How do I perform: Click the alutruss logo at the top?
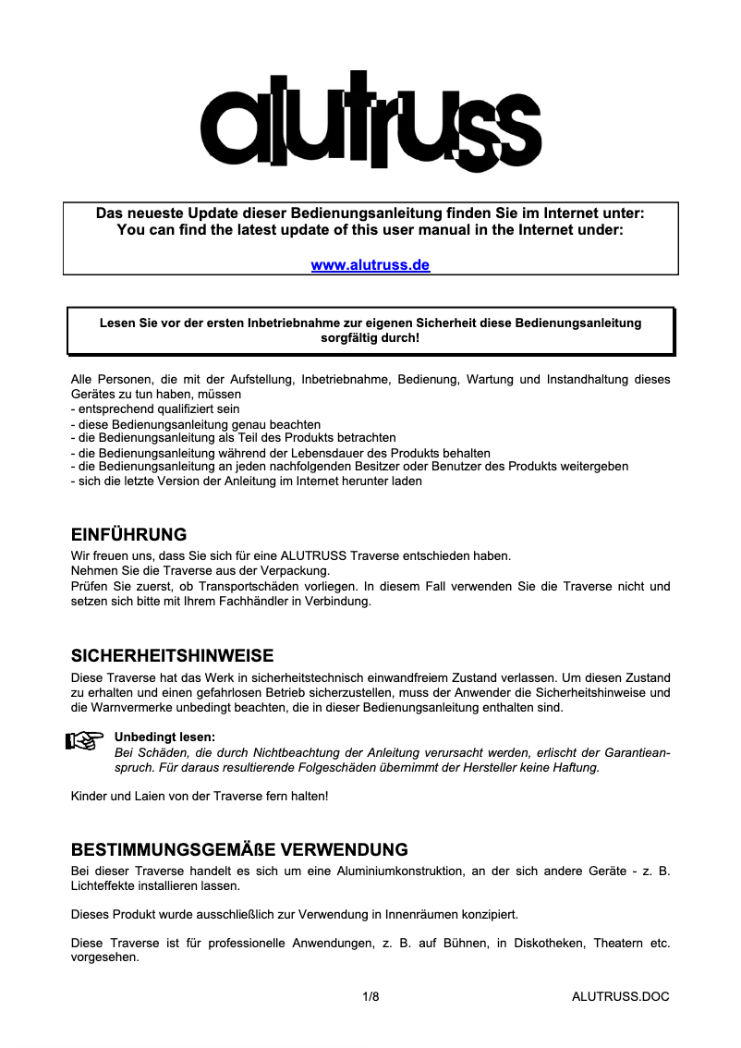pyautogui.click(x=370, y=121)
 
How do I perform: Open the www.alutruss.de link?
pyautogui.click(x=370, y=265)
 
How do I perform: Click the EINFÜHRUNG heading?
pyautogui.click(x=129, y=535)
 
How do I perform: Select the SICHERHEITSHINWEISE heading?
pyautogui.click(x=173, y=656)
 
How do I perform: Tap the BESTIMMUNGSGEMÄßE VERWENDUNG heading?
pyautogui.click(x=240, y=849)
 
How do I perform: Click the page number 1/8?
pyautogui.click(x=370, y=996)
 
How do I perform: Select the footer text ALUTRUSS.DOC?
pyautogui.click(x=620, y=996)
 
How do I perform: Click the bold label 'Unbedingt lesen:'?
pyautogui.click(x=164, y=737)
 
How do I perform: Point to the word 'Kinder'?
pyautogui.click(x=89, y=796)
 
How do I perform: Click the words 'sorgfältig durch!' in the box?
pyautogui.click(x=370, y=338)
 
